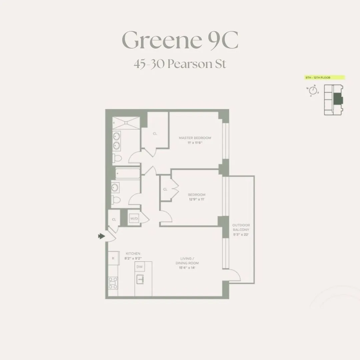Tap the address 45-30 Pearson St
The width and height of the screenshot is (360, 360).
tap(180, 63)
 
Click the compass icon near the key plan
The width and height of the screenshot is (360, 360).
tap(313, 90)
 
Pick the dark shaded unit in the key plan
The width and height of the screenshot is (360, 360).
tap(338, 99)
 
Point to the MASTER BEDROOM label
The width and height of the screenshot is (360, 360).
tap(195, 138)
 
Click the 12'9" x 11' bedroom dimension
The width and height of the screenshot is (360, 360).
tap(196, 199)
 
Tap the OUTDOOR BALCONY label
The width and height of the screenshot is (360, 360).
tap(241, 227)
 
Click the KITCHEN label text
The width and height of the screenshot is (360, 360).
tap(133, 253)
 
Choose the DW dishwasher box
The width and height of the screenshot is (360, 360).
tap(140, 267)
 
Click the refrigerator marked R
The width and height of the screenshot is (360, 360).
tap(113, 258)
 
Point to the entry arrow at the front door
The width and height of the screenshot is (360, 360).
tap(101, 236)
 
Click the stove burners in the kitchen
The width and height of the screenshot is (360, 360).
tap(113, 283)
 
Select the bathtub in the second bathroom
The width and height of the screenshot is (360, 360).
tap(128, 173)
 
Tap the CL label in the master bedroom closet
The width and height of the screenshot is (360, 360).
tap(155, 134)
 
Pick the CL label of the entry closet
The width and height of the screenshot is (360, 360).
tap(114, 219)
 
